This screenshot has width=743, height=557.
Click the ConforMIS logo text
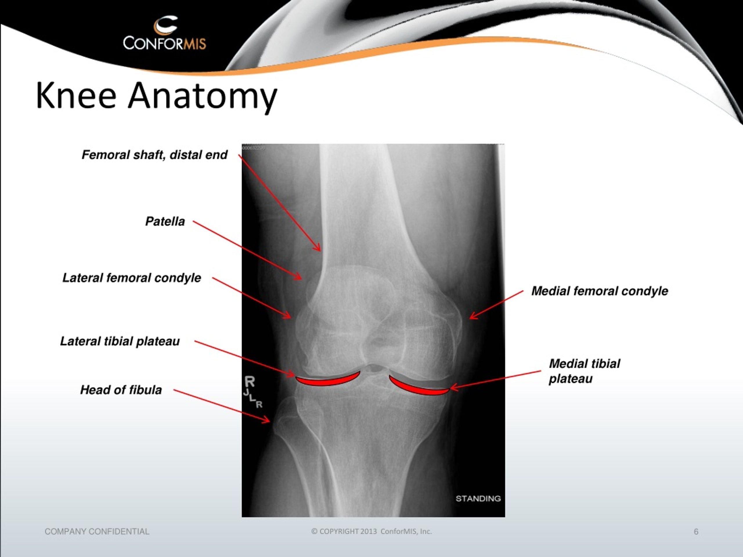[164, 43]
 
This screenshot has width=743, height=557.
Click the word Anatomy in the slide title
[202, 97]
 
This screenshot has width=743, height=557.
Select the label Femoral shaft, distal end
[154, 155]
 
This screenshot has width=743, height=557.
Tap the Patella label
[165, 221]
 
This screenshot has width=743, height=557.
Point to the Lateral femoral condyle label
[132, 278]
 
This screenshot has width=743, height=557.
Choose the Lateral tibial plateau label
[120, 341]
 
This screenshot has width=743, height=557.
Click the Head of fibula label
[121, 390]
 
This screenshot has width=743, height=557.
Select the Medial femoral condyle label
[600, 291]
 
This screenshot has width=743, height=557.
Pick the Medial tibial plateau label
[585, 371]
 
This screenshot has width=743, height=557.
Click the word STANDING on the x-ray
[478, 499]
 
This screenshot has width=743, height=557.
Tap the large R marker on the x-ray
[250, 382]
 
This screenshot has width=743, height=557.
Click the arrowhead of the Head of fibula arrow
[267, 420]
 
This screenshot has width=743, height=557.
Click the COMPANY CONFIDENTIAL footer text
[97, 531]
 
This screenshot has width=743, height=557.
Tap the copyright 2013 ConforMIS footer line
[371, 531]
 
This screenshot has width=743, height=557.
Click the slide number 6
[696, 531]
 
